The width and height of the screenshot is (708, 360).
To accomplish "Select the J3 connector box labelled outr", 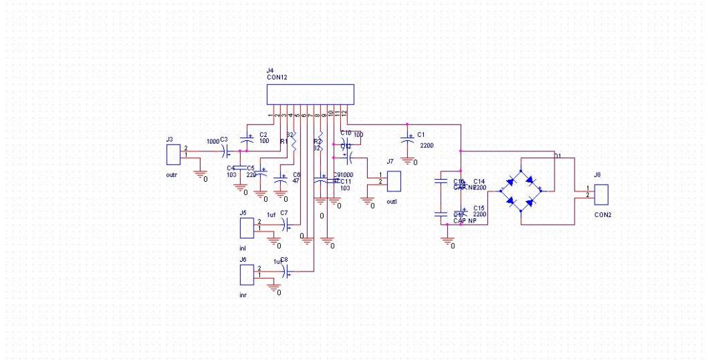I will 173,154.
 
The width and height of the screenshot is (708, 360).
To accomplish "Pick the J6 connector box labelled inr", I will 246,274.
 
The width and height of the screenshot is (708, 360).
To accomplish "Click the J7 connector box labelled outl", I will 395,181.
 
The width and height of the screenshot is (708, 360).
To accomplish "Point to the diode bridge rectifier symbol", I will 521,191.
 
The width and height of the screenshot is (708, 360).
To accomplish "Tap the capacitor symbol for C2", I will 249,137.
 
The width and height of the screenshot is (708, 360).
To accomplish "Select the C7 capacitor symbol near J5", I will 288,223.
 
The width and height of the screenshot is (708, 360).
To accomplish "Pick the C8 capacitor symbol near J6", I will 288,270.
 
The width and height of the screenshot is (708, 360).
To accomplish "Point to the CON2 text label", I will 603,215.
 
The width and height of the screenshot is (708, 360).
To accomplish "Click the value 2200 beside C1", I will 427,145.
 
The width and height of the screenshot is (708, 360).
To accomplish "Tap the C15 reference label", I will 478,207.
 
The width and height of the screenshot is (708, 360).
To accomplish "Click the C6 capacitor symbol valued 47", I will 281,179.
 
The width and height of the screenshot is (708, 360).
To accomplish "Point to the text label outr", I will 172,175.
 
